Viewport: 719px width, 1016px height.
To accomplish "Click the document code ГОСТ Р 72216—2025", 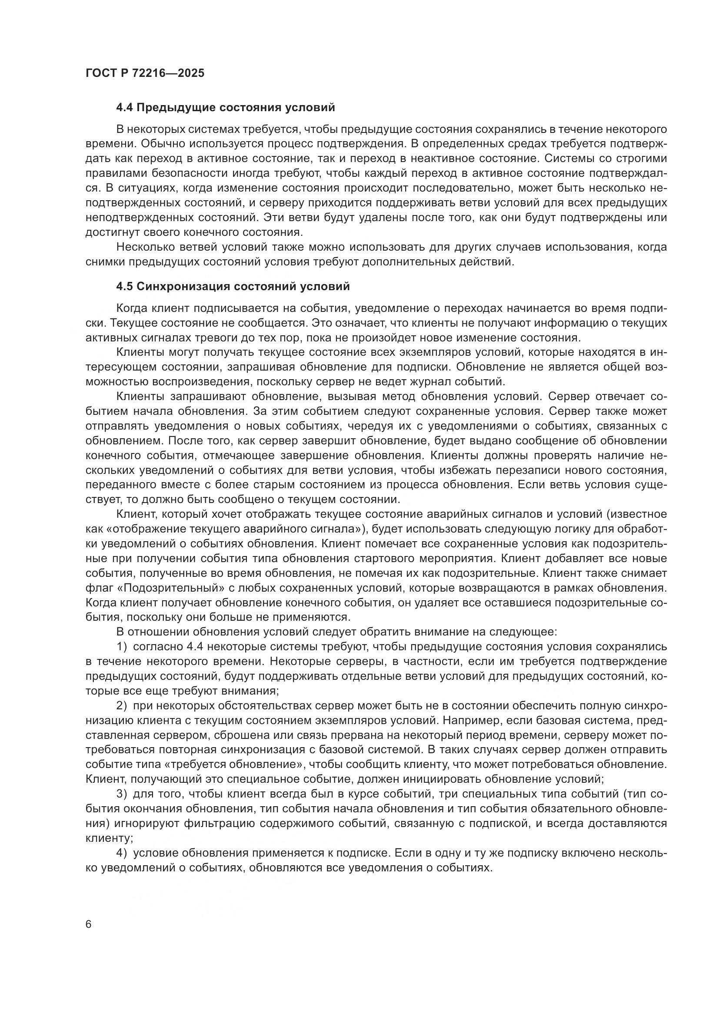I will [x=145, y=73].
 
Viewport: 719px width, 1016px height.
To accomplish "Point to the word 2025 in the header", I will [x=191, y=73].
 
